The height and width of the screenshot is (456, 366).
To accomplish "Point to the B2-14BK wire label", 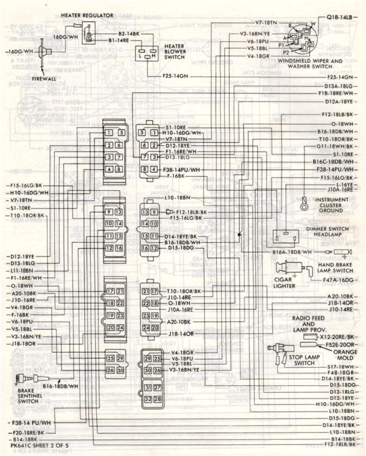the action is pyautogui.click(x=129, y=34).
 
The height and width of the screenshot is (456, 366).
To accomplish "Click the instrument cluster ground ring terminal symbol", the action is pyautogui.click(x=305, y=202).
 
